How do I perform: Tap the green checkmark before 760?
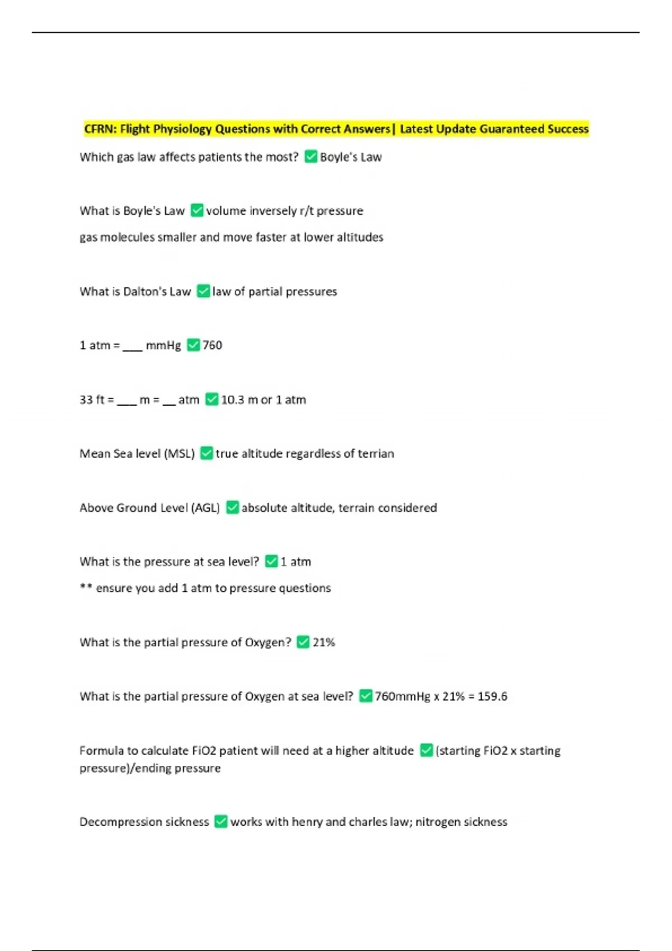click(x=193, y=345)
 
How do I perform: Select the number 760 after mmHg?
click(x=212, y=345)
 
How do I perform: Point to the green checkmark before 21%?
click(x=303, y=642)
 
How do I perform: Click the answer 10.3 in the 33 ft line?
click(x=232, y=400)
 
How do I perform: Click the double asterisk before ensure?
click(x=86, y=587)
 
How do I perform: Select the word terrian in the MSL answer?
click(x=376, y=454)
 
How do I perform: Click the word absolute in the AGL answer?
click(x=264, y=508)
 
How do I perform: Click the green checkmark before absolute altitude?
click(x=232, y=508)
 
